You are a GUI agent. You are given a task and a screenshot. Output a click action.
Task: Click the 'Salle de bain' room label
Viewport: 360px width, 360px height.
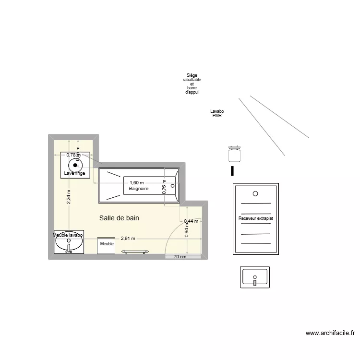[119, 218]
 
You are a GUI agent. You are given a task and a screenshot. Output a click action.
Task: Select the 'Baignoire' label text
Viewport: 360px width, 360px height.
[139, 189]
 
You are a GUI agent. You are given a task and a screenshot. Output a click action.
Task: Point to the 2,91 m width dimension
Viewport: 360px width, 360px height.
[128, 238]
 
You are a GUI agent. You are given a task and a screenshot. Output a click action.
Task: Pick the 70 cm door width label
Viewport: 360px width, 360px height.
[180, 257]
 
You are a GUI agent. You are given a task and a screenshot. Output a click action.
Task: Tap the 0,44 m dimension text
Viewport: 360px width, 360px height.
[191, 221]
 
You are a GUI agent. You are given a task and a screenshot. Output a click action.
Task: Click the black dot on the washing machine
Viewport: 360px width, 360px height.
[75, 165]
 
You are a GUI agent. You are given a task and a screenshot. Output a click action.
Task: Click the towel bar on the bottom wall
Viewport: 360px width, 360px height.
[135, 252]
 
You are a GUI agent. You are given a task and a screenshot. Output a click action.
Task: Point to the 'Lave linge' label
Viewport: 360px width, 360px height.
[74, 173]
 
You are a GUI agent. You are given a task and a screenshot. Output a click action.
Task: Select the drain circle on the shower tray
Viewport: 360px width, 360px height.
[255, 193]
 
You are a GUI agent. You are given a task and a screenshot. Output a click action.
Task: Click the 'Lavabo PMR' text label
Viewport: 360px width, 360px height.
[217, 113]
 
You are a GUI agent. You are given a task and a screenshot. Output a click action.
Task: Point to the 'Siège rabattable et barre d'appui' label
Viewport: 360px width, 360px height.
[192, 84]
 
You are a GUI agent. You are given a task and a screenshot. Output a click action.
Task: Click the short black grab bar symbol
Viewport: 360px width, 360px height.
[233, 171]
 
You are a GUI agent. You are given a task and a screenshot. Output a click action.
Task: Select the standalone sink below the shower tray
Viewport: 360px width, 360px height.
[254, 278]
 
